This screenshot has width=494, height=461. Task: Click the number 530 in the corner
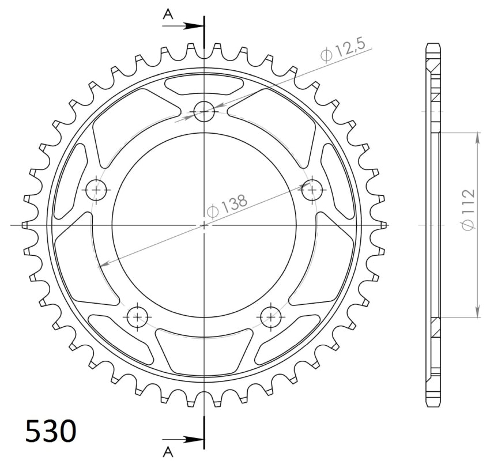(x=51, y=431)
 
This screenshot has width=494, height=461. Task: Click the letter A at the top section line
(x=168, y=15)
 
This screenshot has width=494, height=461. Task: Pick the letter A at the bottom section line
(x=168, y=450)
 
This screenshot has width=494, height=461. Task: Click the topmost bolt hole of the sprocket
(x=203, y=111)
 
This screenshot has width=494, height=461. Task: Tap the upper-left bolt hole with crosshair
(x=96, y=189)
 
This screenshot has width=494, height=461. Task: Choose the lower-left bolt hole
(x=137, y=315)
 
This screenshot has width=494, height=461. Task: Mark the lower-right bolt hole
(x=270, y=315)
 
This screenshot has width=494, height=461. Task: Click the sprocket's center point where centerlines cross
(x=204, y=224)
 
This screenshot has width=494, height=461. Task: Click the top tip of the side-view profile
(x=435, y=44)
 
